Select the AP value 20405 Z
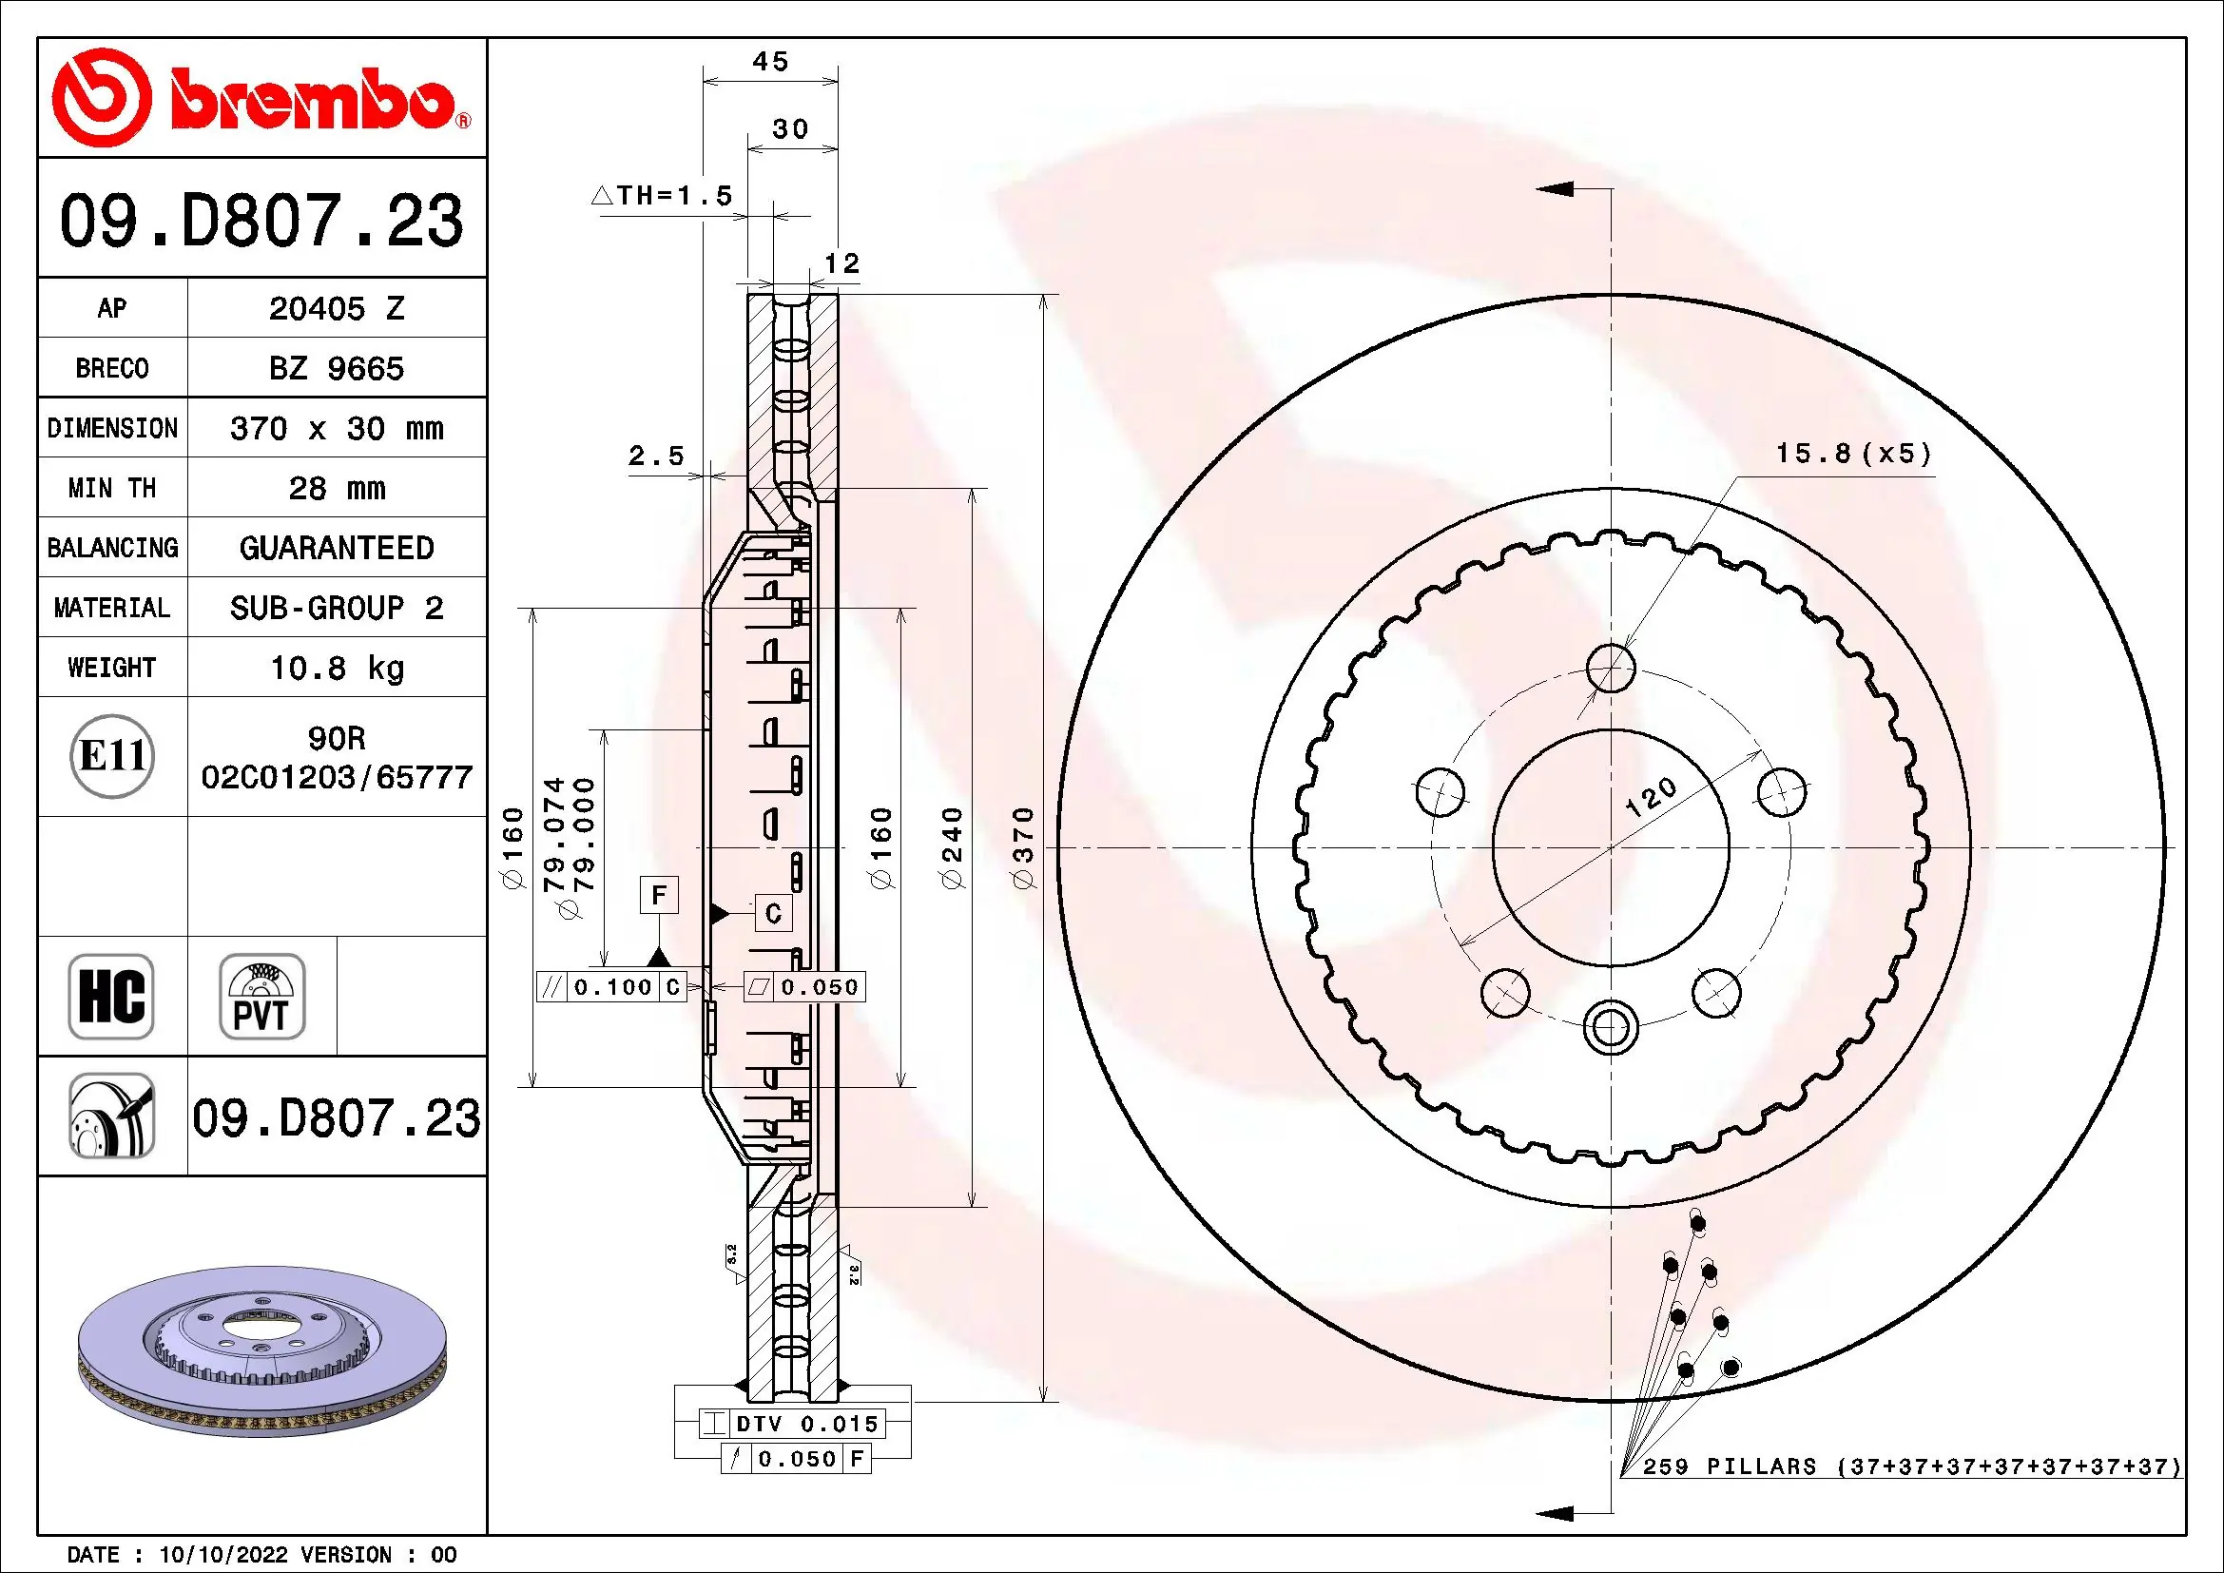pos(336,309)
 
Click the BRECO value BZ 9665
pos(336,369)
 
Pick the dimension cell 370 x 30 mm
pos(336,428)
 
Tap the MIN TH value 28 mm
pos(336,488)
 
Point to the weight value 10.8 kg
pos(336,668)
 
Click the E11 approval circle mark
pos(112,756)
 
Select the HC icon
pos(111,996)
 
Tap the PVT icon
pos(261,996)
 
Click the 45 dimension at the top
pos(770,62)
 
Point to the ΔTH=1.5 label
pos(663,196)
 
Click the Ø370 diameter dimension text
pos(1024,847)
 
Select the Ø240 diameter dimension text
pos(953,847)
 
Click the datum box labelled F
pos(659,895)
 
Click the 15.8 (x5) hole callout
pos(1853,454)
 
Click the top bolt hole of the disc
pos(1611,669)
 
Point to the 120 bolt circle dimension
pos(1650,796)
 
